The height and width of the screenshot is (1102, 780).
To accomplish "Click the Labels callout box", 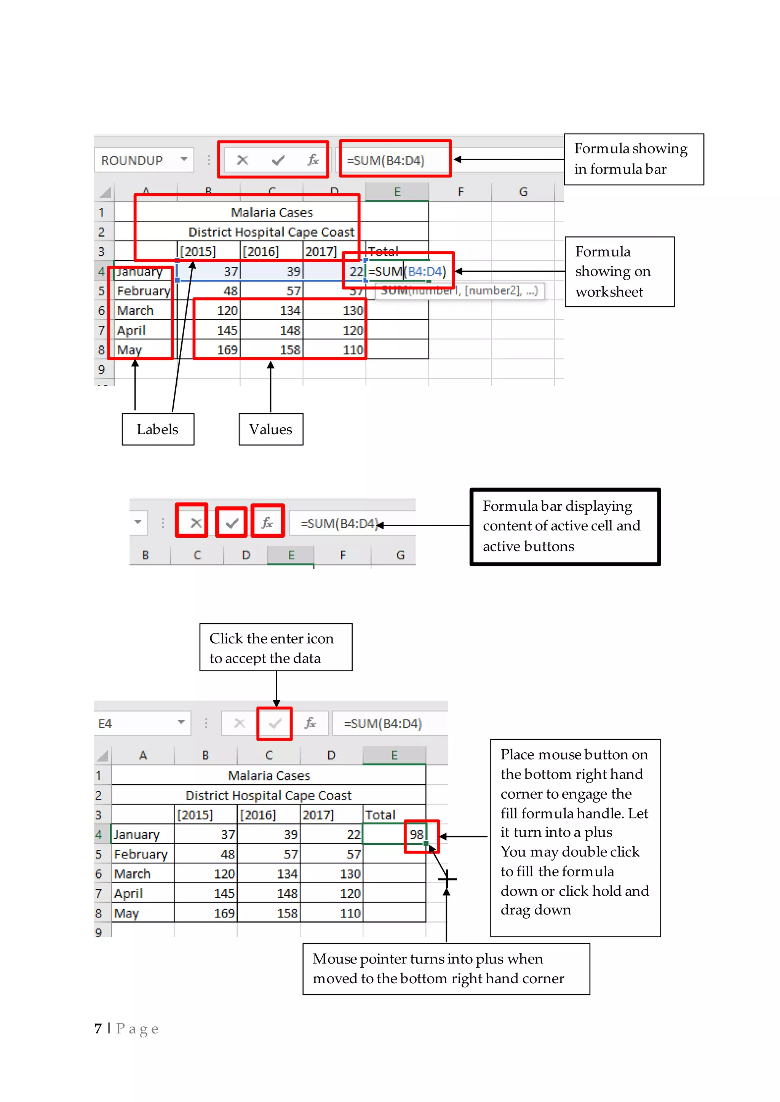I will coord(158,429).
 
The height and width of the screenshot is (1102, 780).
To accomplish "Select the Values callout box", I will coord(270,429).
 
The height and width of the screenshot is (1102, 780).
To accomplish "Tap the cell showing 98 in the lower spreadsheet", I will coord(416,834).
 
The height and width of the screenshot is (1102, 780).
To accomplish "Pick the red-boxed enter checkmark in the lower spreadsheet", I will coord(275,723).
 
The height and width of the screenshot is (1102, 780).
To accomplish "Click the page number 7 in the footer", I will coord(98,1028).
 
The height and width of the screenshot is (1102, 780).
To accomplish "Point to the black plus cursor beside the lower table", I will coord(447,879).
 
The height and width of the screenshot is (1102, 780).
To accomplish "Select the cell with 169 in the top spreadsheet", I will coord(227,350).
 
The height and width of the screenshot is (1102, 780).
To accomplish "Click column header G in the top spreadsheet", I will coord(523,192).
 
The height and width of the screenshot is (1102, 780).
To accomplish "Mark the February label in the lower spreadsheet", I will coord(140,854).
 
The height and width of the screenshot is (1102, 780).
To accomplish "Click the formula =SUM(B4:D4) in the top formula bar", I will coord(386,160).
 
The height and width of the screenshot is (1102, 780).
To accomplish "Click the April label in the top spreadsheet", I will coord(131,330).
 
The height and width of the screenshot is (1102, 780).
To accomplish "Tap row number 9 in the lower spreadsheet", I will coord(99,932).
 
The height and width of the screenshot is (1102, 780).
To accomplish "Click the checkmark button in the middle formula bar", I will coord(232,523).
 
